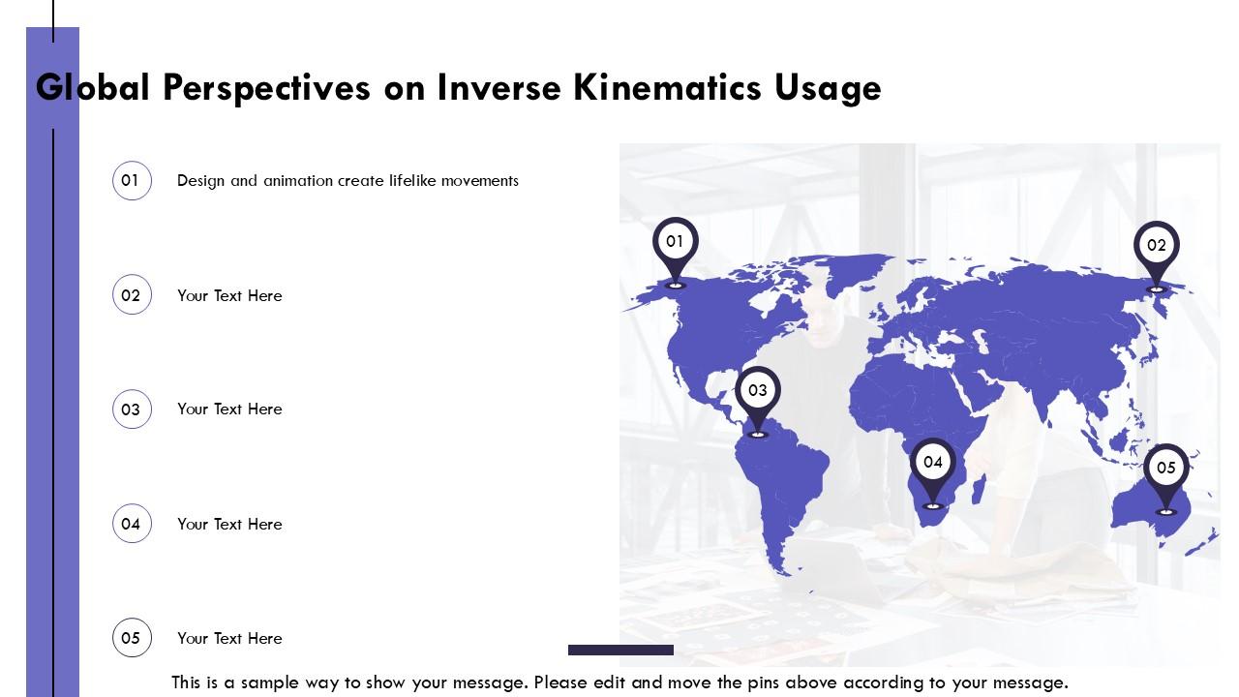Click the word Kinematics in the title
tap(667, 87)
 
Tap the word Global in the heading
tap(92, 87)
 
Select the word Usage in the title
tap(828, 88)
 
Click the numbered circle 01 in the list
tap(132, 180)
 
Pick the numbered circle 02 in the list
tap(132, 295)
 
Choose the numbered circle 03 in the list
tap(132, 409)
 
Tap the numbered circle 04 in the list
tap(132, 524)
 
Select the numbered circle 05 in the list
tap(132, 638)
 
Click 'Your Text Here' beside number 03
tap(229, 409)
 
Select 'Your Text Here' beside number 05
tap(229, 638)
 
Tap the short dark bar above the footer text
tap(620, 650)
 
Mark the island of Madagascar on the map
tap(979, 490)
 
